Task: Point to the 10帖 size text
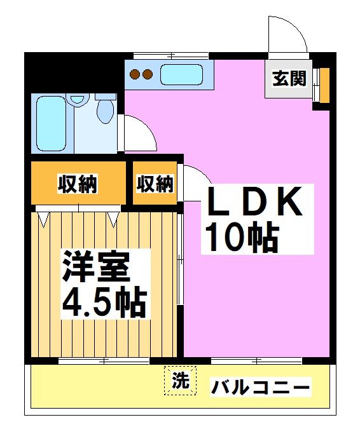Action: point(240,238)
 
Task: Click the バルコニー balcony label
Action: point(261,386)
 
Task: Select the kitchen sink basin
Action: point(182,75)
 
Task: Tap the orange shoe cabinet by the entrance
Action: point(324,84)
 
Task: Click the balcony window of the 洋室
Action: point(104,361)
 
